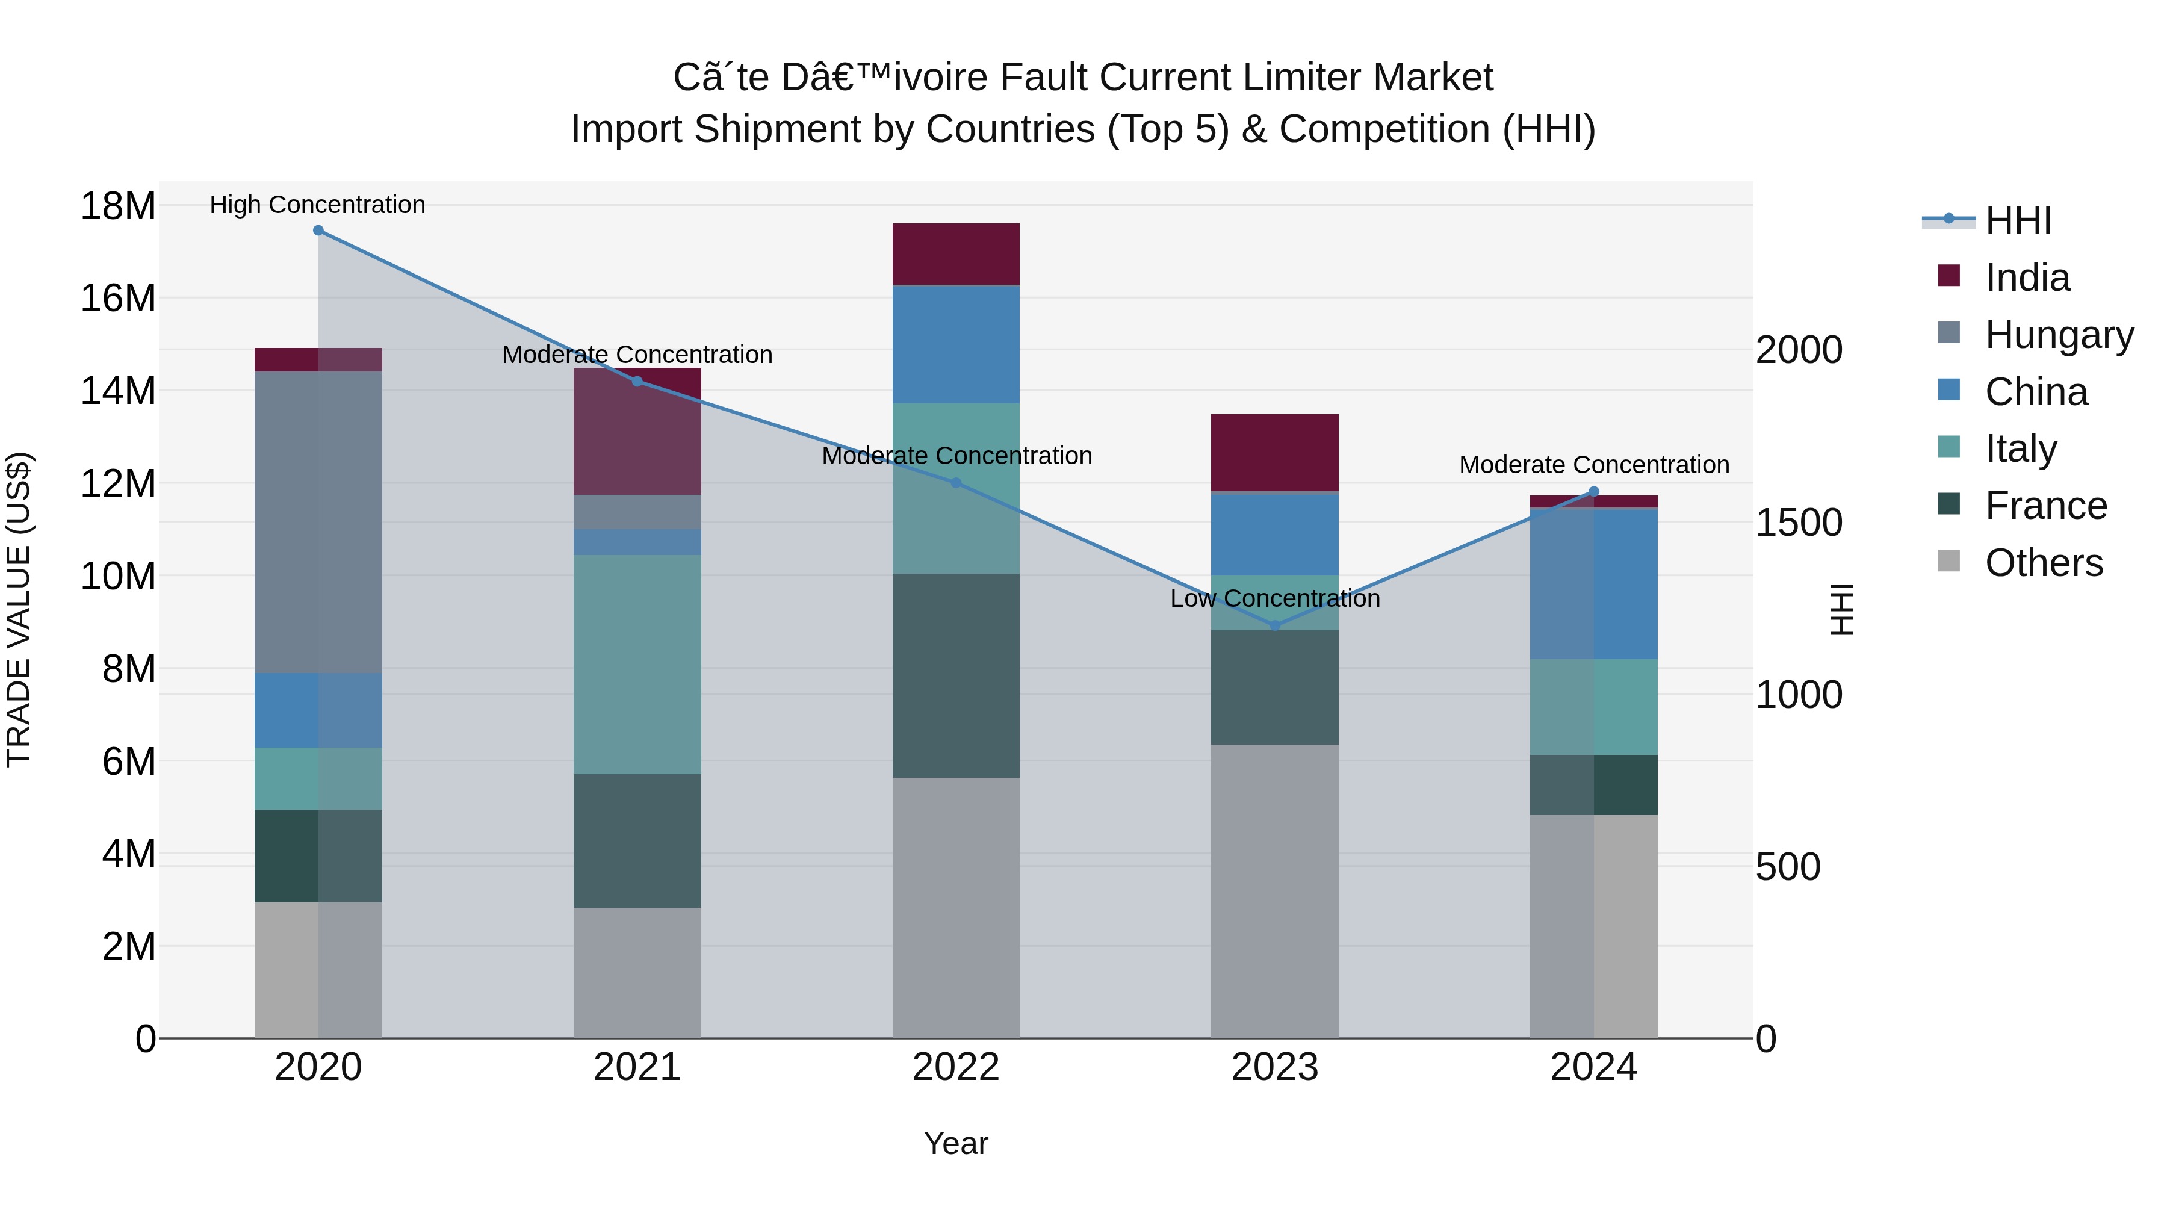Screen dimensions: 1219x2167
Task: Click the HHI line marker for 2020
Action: [318, 231]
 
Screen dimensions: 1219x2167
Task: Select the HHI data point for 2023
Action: [1274, 625]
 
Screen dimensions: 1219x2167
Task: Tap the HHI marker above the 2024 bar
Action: [1593, 492]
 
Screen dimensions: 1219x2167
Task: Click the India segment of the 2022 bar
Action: [956, 254]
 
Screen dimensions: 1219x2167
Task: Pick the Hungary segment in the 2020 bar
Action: [318, 521]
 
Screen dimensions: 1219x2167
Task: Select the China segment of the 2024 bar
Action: [1593, 584]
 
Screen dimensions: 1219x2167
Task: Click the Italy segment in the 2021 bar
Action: [637, 665]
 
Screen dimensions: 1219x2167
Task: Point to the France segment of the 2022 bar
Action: [956, 675]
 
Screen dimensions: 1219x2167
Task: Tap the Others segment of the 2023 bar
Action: [1274, 892]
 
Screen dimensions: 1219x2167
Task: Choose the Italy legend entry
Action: [2021, 448]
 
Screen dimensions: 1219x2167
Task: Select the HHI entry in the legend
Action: [2017, 220]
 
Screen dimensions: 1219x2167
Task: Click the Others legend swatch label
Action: [2044, 563]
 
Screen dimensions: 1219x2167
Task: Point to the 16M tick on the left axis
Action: [118, 299]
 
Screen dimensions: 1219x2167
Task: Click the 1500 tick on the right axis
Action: [1799, 523]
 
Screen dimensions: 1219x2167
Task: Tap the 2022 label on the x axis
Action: [956, 1067]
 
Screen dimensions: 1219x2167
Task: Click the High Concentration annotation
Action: [317, 205]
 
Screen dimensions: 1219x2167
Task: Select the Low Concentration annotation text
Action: [1274, 599]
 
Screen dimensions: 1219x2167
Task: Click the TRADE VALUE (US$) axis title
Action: [19, 609]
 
